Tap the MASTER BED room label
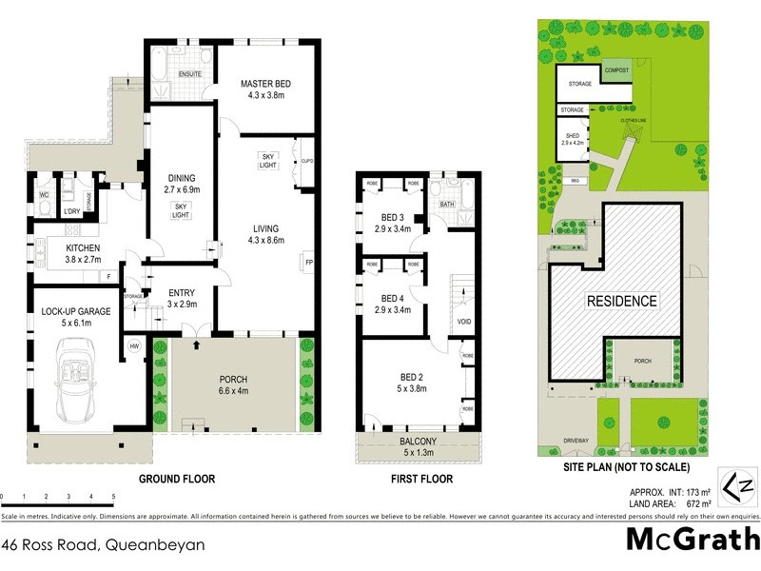pyautogui.click(x=264, y=90)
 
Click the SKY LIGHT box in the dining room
pyautogui.click(x=179, y=209)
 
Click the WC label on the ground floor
pyautogui.click(x=44, y=196)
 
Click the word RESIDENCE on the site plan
pyautogui.click(x=620, y=302)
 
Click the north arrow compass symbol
pyautogui.click(x=739, y=488)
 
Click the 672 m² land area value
pyautogui.click(x=698, y=504)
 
